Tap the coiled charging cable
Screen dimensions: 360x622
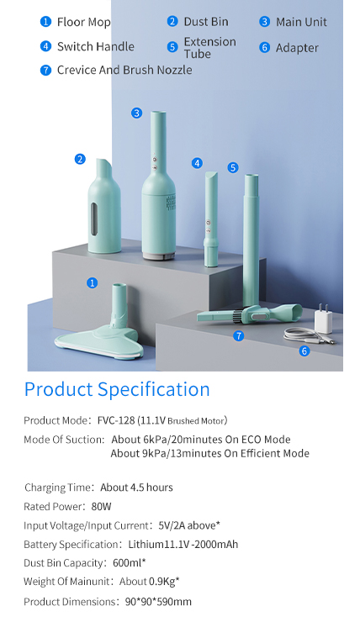pos(308,336)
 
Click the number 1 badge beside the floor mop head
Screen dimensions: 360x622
pos(92,282)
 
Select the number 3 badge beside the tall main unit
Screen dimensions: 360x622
pos(136,113)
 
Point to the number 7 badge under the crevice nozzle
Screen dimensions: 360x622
pos(239,336)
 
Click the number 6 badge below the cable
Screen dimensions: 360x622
pos(304,351)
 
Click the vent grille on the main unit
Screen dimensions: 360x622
pos(170,203)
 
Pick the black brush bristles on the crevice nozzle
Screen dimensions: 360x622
pos(236,315)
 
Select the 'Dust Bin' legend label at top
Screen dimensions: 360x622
pos(206,22)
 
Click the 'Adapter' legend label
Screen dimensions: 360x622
pos(297,48)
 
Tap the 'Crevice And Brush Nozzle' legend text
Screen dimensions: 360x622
pos(124,71)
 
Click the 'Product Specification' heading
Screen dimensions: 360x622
pos(117,389)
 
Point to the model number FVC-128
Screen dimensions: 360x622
pos(116,420)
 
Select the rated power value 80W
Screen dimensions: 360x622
pos(101,507)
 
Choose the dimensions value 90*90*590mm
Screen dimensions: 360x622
pos(158,602)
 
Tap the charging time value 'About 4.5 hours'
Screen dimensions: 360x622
pos(136,488)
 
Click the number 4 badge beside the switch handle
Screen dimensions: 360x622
pos(198,163)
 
